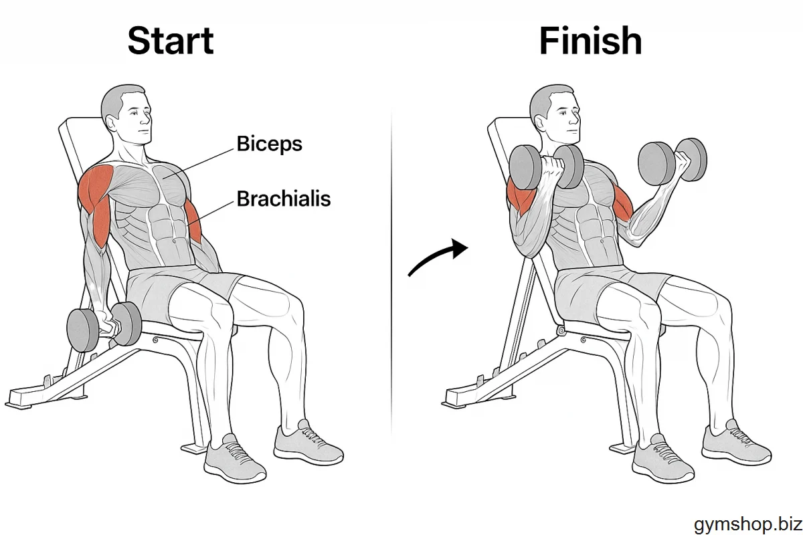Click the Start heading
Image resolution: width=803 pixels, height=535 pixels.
click(171, 41)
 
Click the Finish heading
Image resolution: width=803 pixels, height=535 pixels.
click(590, 41)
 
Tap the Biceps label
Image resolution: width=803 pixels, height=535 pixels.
click(269, 144)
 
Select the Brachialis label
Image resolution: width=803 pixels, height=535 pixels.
click(284, 199)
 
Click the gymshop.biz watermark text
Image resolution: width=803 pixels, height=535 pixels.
click(748, 524)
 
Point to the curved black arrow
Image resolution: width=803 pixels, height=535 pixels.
click(436, 255)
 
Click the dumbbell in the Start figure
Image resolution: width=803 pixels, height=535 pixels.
click(104, 327)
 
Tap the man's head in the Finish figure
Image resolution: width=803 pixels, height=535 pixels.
click(555, 114)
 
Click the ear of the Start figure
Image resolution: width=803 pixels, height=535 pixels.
click(111, 123)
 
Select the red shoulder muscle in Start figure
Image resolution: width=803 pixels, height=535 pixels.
click(95, 187)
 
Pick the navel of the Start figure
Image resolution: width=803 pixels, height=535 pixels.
click(174, 241)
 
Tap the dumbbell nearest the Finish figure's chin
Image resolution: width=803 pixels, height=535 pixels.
click(546, 167)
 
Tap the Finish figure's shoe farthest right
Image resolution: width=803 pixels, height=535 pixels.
click(735, 444)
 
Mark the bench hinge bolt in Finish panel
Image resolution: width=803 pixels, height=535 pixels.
click(560, 330)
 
